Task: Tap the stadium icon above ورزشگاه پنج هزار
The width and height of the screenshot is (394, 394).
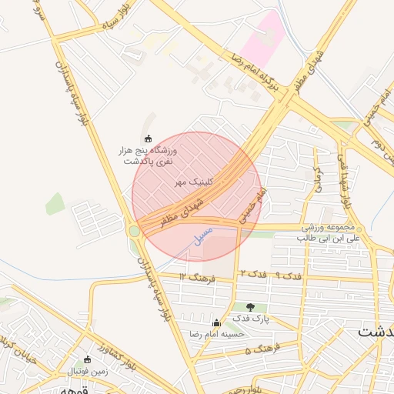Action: (148, 139)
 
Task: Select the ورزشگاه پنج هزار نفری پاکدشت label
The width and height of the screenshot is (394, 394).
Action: (146, 156)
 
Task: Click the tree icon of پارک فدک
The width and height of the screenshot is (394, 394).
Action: (250, 306)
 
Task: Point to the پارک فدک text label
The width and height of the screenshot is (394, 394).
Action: (250, 319)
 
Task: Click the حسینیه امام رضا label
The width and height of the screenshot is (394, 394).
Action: (218, 335)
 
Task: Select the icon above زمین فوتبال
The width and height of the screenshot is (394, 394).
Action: (87, 359)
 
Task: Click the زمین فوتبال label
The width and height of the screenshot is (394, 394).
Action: (87, 372)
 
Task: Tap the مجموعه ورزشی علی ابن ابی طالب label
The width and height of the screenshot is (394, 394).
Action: (331, 234)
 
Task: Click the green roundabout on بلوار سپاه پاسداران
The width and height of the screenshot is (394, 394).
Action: (134, 230)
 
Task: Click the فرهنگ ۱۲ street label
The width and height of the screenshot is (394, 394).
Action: (195, 275)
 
